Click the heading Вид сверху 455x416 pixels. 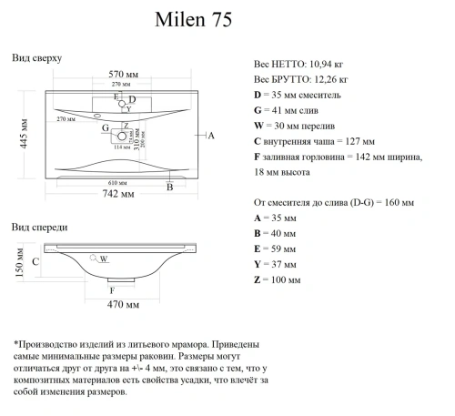coord(37,57)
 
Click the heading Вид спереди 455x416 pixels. coord(39,226)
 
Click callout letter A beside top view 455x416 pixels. coord(210,136)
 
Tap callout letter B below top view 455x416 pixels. coord(169,188)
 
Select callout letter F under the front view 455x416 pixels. coord(112,289)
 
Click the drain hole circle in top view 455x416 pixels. coord(117,137)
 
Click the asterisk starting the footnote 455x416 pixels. coord(16,345)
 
